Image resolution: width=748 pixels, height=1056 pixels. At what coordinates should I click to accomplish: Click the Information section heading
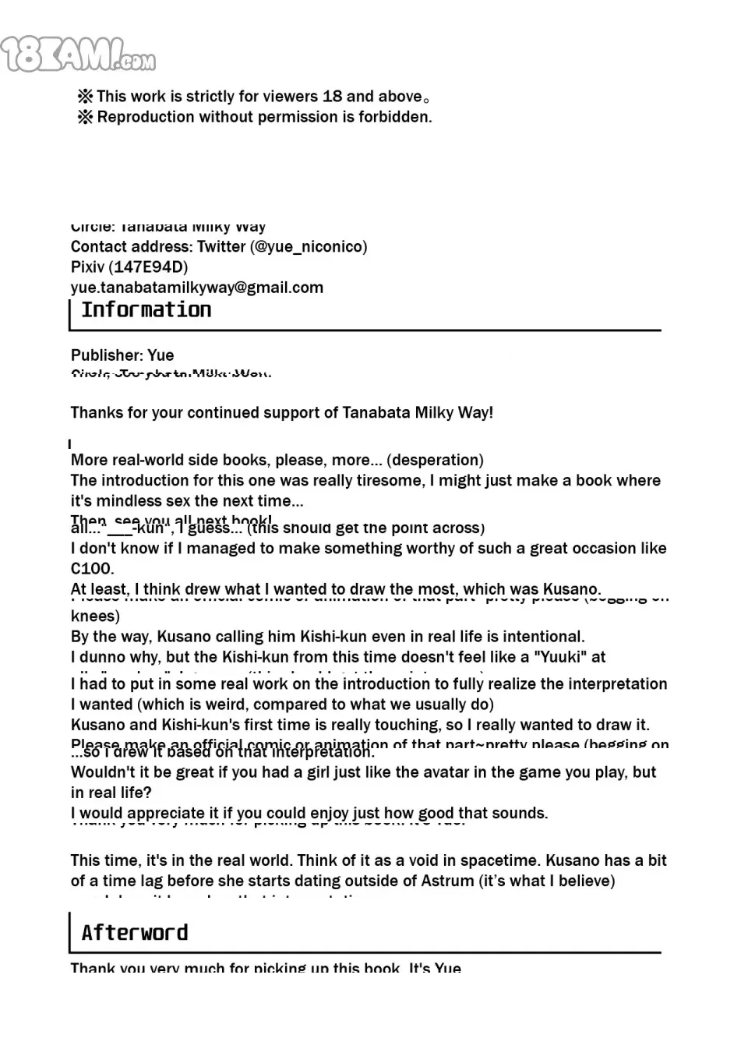point(146,310)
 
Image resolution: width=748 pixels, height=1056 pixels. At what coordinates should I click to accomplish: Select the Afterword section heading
point(134,933)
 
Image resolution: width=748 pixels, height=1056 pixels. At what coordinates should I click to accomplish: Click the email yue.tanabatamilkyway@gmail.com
point(196,288)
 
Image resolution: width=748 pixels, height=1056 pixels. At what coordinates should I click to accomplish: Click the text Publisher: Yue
point(122,355)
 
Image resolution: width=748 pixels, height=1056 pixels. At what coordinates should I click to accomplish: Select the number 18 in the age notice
point(332,97)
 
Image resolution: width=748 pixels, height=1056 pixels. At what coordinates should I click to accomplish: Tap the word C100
point(92,568)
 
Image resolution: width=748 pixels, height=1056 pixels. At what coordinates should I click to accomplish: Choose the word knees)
point(95,616)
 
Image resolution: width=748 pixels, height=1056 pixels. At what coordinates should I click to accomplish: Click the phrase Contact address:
point(131,247)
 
